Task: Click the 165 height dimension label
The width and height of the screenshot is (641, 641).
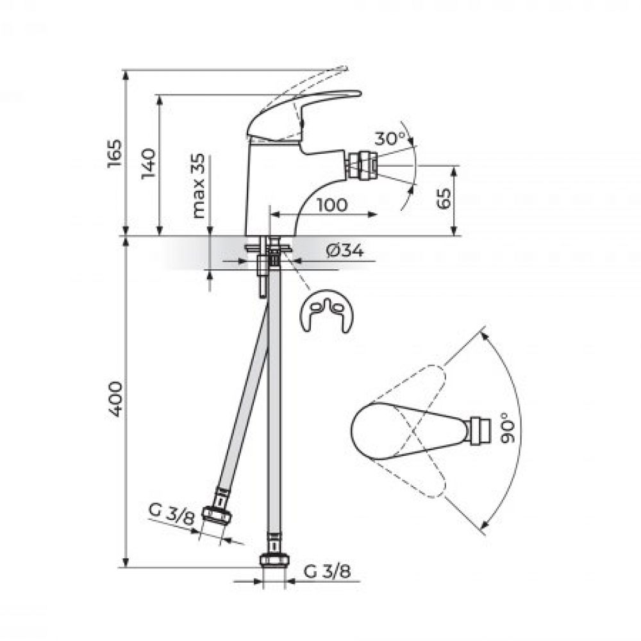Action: (x=115, y=153)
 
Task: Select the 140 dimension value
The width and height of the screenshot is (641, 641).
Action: (x=149, y=163)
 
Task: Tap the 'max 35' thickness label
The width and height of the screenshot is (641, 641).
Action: (x=199, y=185)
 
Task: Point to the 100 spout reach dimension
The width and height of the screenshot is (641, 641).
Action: (x=332, y=204)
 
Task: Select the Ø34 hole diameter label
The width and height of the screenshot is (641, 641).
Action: (x=345, y=250)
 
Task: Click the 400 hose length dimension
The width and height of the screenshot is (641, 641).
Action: (x=115, y=399)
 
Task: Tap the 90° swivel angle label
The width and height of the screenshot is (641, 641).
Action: (x=508, y=428)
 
